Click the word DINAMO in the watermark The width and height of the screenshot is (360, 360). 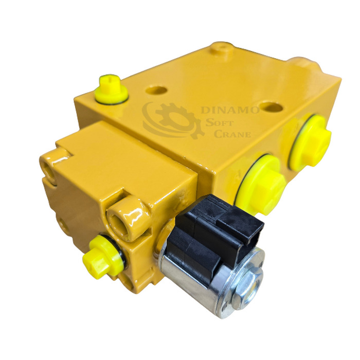pos(230,110)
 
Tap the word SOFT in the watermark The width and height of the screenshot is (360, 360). pos(219,123)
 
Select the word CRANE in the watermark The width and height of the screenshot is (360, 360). pos(232,134)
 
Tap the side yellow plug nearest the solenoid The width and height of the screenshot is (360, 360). pos(260,184)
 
